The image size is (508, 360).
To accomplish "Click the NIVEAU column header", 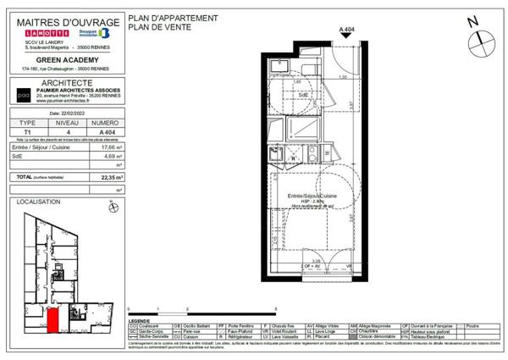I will pyautogui.click(x=69, y=123).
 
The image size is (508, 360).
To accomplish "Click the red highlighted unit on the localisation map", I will pyautogui.click(x=52, y=322).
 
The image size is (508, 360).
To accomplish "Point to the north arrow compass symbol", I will pyautogui.click(x=475, y=24).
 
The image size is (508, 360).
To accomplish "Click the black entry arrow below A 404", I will pyautogui.click(x=345, y=37).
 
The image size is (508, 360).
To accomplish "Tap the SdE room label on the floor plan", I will pyautogui.click(x=303, y=95).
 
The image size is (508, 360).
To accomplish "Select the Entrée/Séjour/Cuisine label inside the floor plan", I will pyautogui.click(x=312, y=196).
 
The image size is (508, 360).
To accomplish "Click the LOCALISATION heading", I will pyautogui.click(x=38, y=202).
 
